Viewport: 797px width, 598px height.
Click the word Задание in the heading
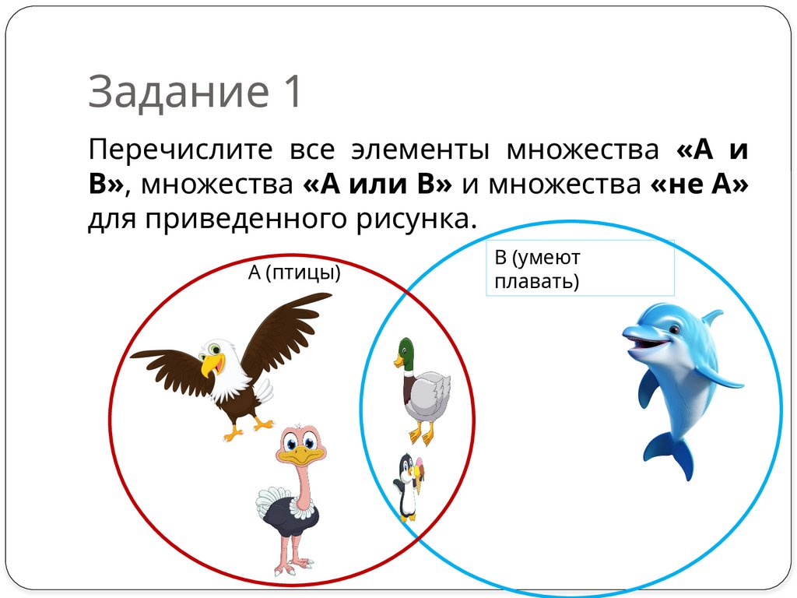[176, 92]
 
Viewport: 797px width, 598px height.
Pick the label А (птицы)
[295, 273]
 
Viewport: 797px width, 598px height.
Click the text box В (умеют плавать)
[579, 268]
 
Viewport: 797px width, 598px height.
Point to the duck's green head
[405, 353]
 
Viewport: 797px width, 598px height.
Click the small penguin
[407, 487]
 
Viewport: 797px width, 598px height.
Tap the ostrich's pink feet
[292, 567]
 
